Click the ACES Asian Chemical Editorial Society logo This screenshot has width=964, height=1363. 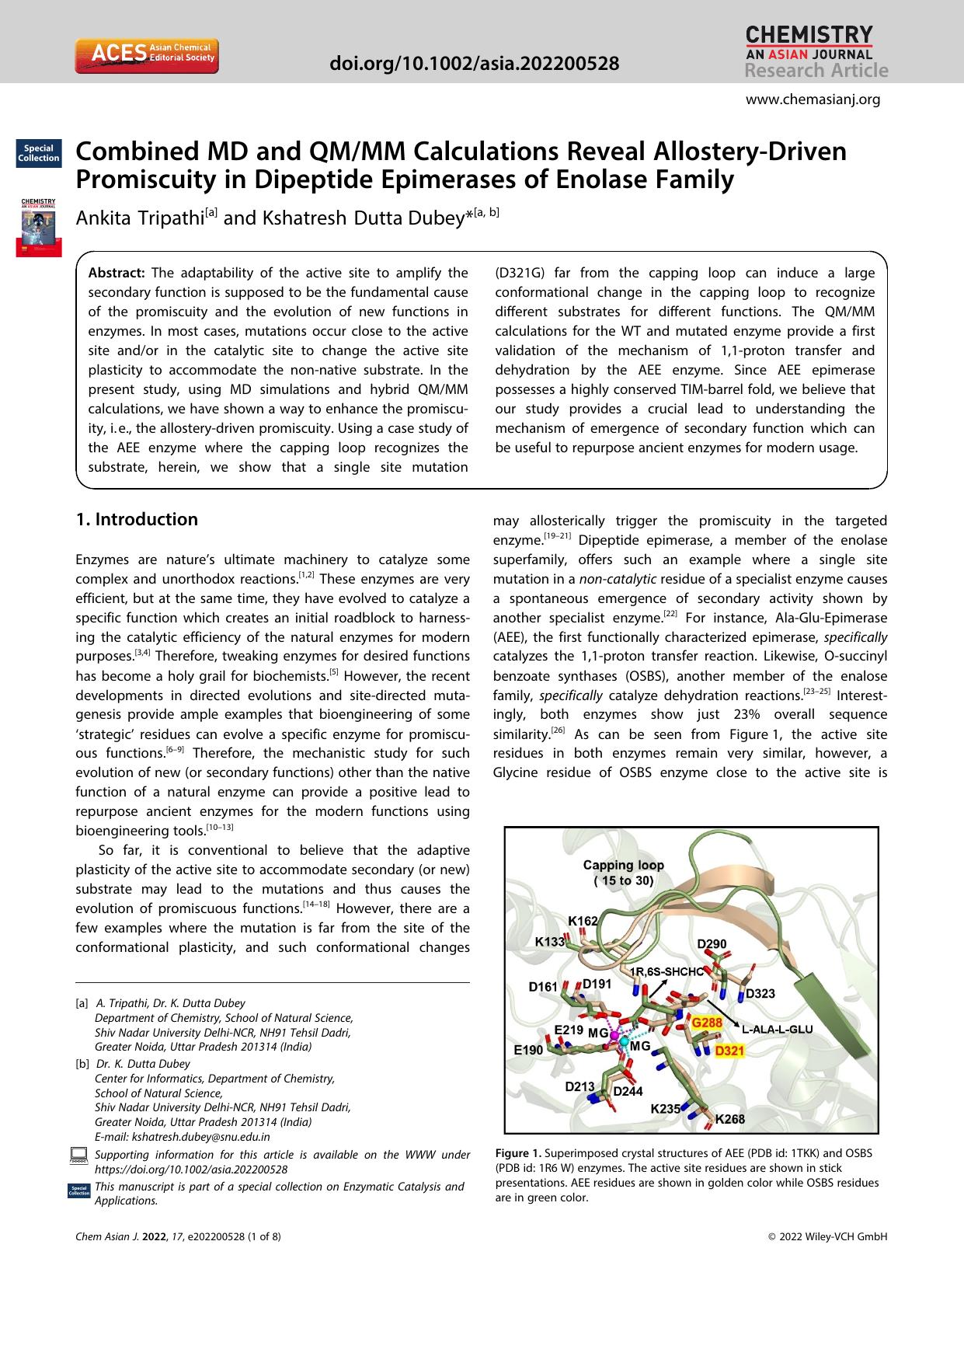tap(146, 56)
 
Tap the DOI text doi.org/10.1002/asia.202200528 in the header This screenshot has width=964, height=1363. tap(475, 63)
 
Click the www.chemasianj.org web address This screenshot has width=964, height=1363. tap(813, 99)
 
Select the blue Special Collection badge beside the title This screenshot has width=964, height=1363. tap(39, 153)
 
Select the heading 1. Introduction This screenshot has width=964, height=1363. tap(137, 519)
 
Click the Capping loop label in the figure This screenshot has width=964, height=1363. tap(623, 865)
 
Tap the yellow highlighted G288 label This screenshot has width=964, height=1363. tap(706, 1023)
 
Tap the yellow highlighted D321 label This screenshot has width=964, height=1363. tap(729, 1051)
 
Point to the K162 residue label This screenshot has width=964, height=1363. tap(583, 921)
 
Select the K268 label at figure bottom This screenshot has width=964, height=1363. tap(729, 1119)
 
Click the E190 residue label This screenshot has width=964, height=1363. tap(528, 1050)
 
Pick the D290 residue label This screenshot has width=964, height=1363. tap(712, 944)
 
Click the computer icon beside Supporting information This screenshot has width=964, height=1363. tap(79, 1156)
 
